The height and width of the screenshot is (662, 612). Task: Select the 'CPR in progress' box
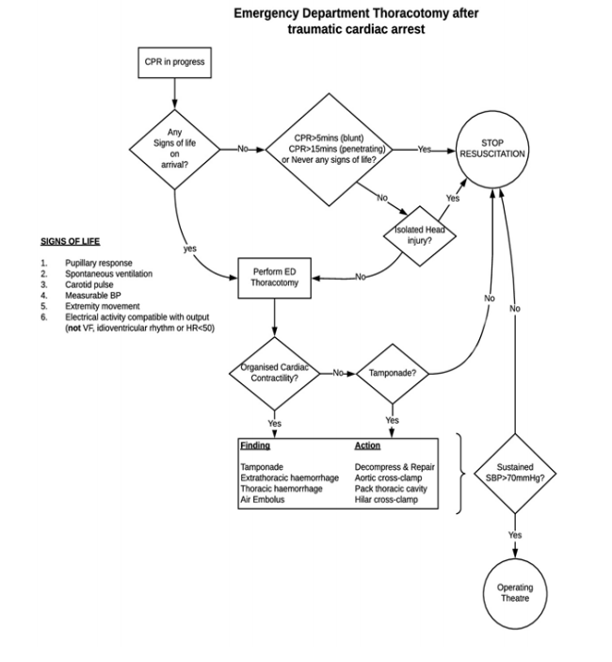[x=174, y=62]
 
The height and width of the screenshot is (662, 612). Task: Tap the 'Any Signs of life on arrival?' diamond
[x=174, y=148]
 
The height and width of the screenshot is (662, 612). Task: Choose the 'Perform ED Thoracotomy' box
[x=275, y=279]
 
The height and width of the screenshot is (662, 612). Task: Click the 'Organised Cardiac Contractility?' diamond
[x=275, y=372]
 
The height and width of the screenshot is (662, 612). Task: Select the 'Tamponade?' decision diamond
[x=393, y=372]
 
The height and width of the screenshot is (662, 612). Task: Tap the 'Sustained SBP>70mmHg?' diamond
[x=515, y=472]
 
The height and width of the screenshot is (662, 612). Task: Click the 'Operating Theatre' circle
[x=515, y=593]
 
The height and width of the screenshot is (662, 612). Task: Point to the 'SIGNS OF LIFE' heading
[x=70, y=241]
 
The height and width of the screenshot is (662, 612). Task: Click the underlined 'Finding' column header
[x=255, y=444]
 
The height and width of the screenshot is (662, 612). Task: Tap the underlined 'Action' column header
[x=367, y=444]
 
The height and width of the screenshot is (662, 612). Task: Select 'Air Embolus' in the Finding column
[x=264, y=500]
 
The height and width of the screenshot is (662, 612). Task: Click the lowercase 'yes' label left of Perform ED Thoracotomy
[x=189, y=248]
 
